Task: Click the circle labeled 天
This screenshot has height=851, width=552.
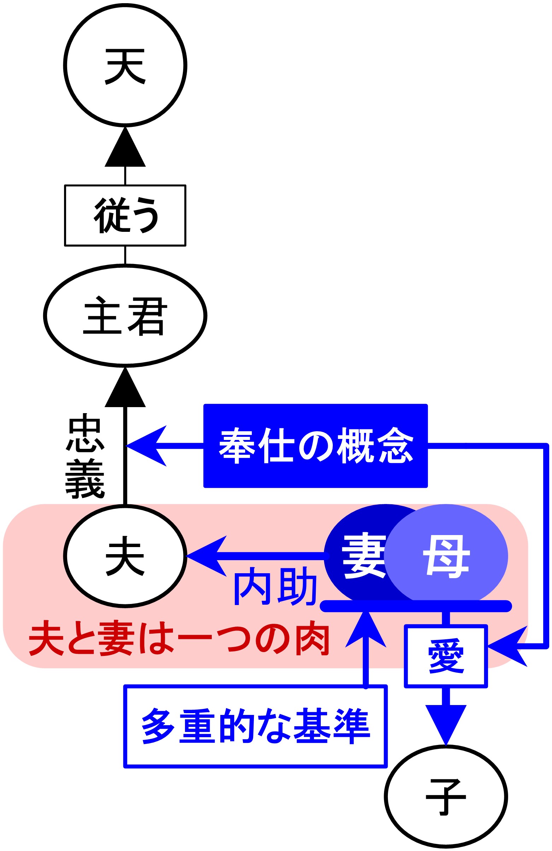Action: click(x=125, y=65)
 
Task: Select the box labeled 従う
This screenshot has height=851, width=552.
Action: click(x=125, y=215)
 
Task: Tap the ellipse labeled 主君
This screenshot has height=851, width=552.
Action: click(x=125, y=316)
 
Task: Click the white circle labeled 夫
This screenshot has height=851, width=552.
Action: click(x=125, y=556)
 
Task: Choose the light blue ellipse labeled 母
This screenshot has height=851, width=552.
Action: click(x=447, y=556)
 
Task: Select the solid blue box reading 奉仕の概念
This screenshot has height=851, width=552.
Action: click(x=315, y=446)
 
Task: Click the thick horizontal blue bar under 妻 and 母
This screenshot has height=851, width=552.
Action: click(x=415, y=606)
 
